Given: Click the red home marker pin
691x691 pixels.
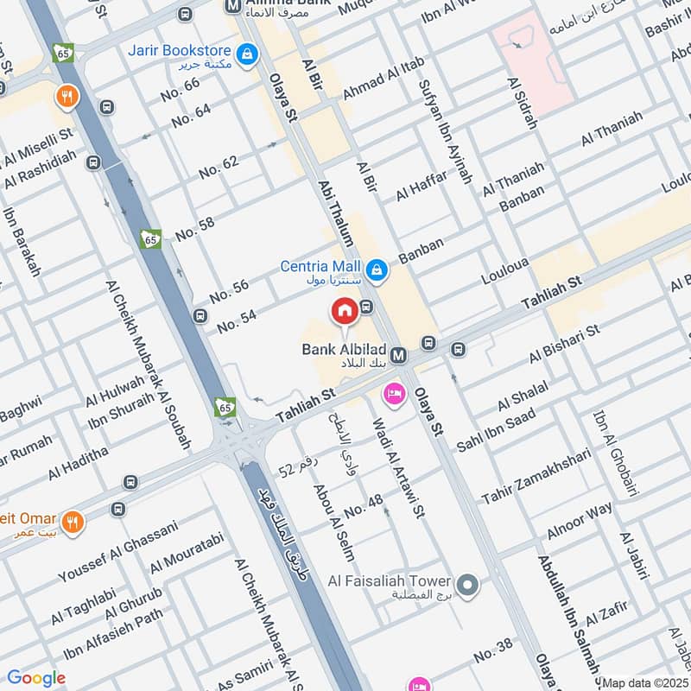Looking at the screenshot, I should (x=344, y=310).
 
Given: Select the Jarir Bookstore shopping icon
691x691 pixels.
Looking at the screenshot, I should (x=248, y=54).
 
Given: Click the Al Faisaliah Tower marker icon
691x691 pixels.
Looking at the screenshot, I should (x=467, y=587).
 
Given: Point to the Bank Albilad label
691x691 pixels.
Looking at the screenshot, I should (x=343, y=350).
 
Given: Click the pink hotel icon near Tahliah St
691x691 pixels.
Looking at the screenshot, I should (x=394, y=393).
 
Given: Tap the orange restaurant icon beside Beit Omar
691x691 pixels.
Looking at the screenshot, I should (x=73, y=523).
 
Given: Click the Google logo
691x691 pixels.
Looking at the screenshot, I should (x=36, y=678).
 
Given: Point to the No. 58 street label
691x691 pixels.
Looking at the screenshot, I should (x=194, y=230).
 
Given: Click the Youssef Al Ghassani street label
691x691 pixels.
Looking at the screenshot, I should (x=117, y=550).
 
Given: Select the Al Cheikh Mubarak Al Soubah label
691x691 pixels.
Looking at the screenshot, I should (x=148, y=364).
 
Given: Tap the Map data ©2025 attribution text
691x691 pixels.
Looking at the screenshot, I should (x=643, y=682).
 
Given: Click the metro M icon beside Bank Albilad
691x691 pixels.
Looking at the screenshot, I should (x=398, y=355).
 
